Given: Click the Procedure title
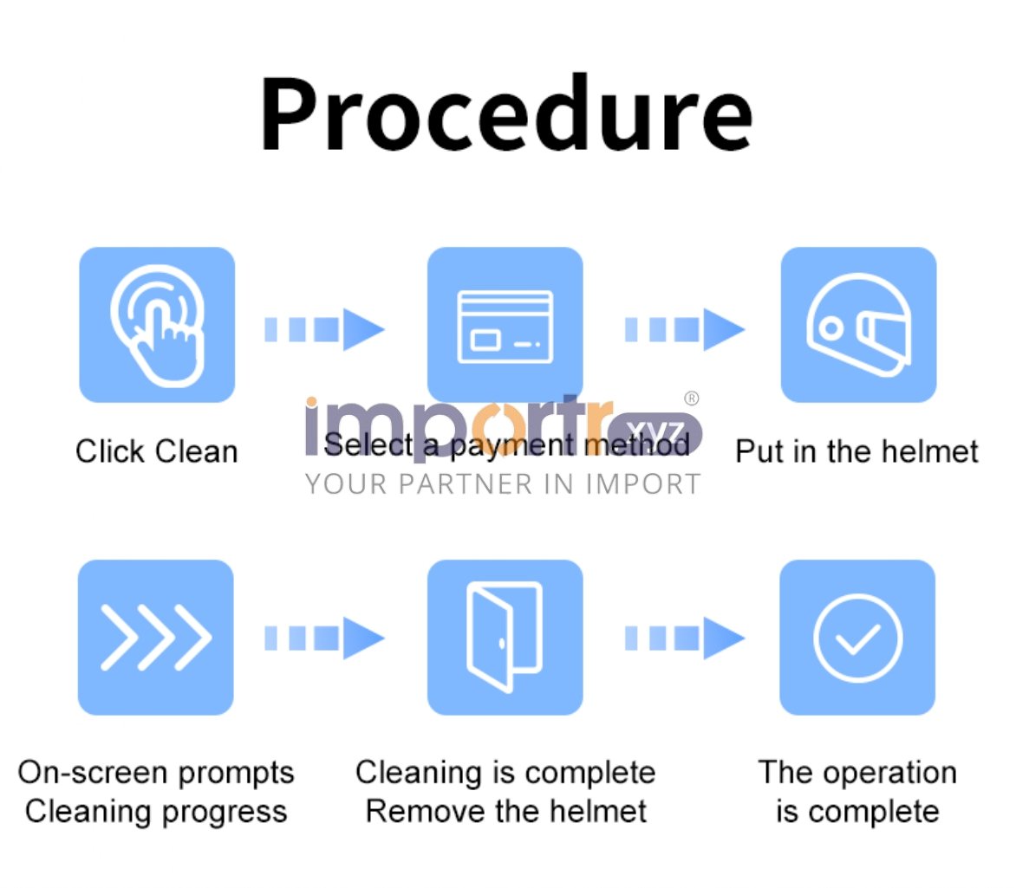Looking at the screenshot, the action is pos(506,114).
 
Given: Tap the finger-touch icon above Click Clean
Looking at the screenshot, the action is pos(157,325).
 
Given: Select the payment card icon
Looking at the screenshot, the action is pos(505,325).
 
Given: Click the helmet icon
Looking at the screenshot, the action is pos(858,325).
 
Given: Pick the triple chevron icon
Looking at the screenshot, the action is pos(155,638).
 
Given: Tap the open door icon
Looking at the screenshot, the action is pos(505,638).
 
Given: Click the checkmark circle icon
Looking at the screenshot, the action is pos(857,638).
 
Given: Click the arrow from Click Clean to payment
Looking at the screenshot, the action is pos(324,330).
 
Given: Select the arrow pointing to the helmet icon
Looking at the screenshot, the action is pos(685,330).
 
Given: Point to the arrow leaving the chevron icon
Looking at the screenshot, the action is pos(324,638).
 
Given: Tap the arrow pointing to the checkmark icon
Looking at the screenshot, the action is pos(685,638).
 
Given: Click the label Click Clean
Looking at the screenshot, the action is pos(157,451).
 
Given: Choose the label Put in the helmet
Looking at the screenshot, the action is pos(856,451).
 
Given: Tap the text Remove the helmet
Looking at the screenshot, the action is pos(506,811).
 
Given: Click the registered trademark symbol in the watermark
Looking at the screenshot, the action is pos(692,399).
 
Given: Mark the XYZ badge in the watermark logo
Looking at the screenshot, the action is pos(655,432).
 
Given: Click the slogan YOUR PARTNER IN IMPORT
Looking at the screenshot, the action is pos(503,484).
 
